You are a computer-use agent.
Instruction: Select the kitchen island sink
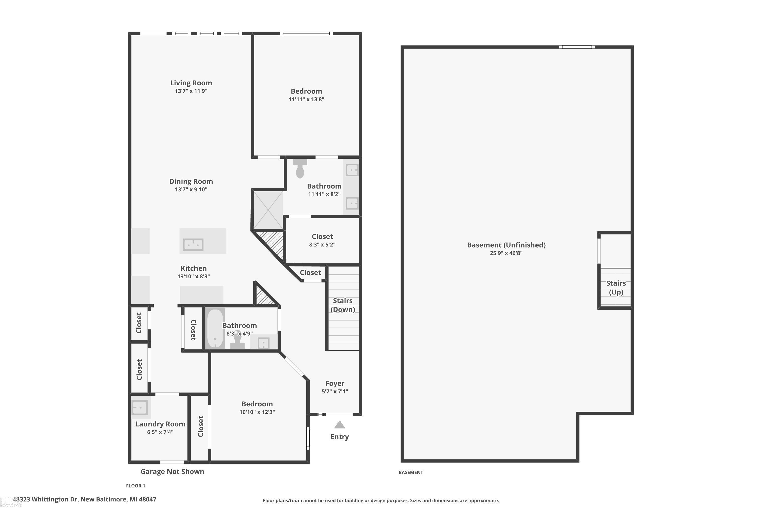pyautogui.click(x=193, y=244)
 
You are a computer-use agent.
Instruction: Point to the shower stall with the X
pyautogui.click(x=268, y=210)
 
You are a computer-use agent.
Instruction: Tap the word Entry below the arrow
pyautogui.click(x=340, y=437)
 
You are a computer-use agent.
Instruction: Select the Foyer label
pyautogui.click(x=335, y=384)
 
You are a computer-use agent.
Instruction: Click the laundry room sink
pyautogui.click(x=140, y=407)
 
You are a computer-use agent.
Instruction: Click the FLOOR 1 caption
pyautogui.click(x=135, y=486)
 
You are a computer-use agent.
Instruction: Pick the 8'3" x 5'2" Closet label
pyautogui.click(x=322, y=237)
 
